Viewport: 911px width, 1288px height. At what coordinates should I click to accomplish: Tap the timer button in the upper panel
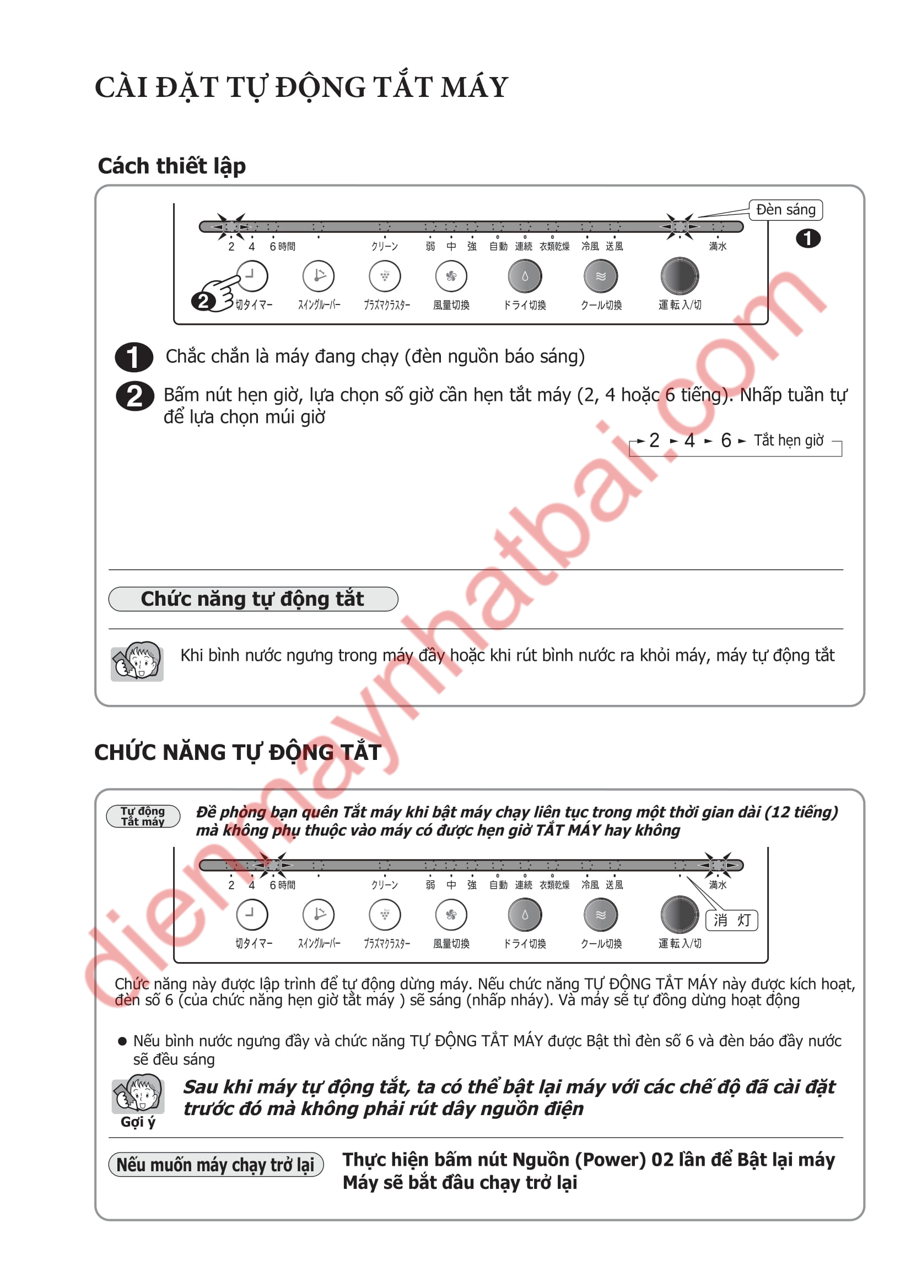251,275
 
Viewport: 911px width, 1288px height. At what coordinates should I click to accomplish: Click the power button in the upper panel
679,275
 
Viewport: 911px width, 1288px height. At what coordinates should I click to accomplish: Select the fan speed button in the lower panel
451,915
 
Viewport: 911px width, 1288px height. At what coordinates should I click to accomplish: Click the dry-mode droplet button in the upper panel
524,275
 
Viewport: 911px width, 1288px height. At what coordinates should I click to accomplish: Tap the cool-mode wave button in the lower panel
600,915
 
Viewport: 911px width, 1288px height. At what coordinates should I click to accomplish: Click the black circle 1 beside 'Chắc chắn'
133,357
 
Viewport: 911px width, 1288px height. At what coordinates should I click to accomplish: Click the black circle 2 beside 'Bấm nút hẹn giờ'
134,396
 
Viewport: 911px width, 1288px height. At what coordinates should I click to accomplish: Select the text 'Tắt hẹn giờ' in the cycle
788,441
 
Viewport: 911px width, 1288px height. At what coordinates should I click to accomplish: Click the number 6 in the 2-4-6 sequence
725,441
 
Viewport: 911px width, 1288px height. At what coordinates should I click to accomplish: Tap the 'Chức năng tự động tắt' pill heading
252,599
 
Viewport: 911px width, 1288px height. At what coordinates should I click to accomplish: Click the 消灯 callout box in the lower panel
731,920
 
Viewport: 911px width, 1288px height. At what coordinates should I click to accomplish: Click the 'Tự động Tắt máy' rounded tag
143,816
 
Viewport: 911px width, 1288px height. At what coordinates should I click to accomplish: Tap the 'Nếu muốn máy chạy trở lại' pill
215,1164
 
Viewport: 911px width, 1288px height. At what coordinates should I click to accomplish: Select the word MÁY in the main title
475,88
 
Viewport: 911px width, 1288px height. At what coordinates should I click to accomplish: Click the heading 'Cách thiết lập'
172,166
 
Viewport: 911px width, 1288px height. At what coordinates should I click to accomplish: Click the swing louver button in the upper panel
318,275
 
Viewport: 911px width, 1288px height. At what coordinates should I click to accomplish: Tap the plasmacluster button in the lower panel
385,915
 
